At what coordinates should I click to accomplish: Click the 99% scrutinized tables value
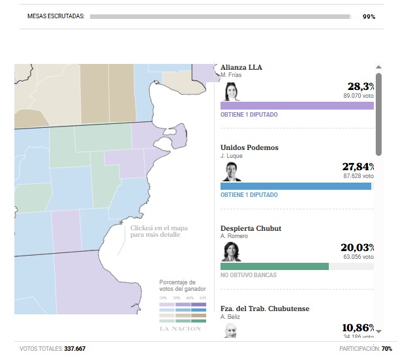point(369,16)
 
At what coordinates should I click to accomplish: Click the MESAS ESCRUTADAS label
point(56,16)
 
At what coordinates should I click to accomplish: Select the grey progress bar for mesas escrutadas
point(220,16)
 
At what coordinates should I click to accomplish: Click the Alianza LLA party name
point(241,67)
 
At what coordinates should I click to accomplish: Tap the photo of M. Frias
point(231,91)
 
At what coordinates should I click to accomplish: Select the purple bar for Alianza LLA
point(297,105)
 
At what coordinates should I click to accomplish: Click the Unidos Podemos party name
point(250,147)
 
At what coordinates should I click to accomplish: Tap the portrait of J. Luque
point(231,172)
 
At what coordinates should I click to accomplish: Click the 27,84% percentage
point(358,167)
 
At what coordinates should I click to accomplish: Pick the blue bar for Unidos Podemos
point(296,186)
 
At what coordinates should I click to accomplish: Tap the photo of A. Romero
point(231,252)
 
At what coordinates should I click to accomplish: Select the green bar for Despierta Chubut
point(275,266)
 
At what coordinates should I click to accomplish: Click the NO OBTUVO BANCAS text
point(249,275)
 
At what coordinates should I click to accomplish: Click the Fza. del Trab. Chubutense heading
point(265,308)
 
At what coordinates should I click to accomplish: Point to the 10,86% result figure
point(358,327)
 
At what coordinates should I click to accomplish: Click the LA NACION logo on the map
point(181,328)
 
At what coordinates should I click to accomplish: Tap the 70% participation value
point(387,349)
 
